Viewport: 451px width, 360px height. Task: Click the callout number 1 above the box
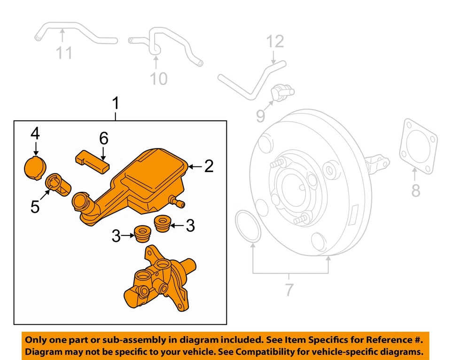[116, 103]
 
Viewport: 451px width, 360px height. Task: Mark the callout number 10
[158, 78]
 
